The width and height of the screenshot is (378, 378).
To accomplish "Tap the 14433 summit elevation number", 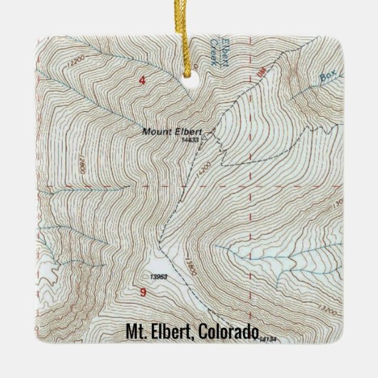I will tap(190, 140).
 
